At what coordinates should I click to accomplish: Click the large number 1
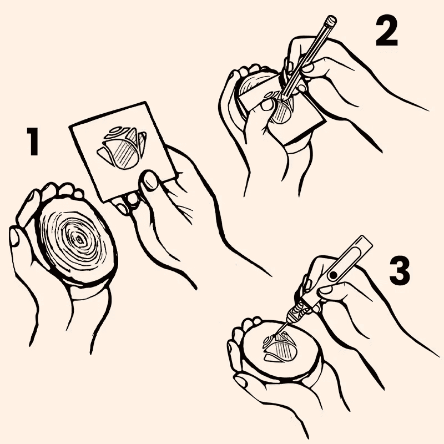[33, 142]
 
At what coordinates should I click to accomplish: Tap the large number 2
[387, 32]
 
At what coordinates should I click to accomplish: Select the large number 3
[400, 270]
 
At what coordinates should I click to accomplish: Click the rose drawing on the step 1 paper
[122, 147]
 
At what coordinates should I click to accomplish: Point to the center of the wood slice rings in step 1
[79, 239]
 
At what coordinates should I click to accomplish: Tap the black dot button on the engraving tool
[334, 274]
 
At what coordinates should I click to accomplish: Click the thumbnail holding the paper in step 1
[150, 181]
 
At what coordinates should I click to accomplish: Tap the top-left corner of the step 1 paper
[70, 127]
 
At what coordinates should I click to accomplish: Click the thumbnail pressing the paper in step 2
[266, 105]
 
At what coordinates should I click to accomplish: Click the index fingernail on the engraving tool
[326, 290]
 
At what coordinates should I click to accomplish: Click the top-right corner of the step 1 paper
[147, 102]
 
